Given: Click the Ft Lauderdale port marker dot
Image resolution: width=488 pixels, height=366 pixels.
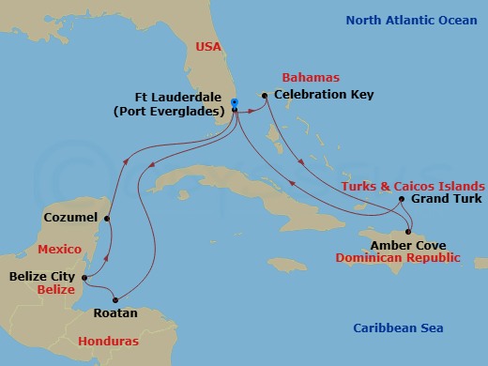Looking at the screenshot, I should (x=235, y=102).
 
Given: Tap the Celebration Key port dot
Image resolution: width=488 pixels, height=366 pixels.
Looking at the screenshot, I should (x=266, y=96).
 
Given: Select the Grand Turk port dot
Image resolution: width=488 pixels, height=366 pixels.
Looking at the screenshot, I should (x=402, y=199).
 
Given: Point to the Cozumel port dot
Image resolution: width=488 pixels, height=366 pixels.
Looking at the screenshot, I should (x=108, y=220).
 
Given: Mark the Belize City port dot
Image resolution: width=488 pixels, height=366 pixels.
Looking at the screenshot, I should (x=84, y=278).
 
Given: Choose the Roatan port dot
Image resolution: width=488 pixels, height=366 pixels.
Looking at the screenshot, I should (x=117, y=299).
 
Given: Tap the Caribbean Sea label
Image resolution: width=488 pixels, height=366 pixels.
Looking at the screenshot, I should (x=398, y=328).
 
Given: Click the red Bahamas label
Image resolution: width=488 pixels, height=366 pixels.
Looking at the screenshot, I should (x=309, y=78).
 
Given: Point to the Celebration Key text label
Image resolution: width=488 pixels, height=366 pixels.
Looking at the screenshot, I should (x=324, y=95).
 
